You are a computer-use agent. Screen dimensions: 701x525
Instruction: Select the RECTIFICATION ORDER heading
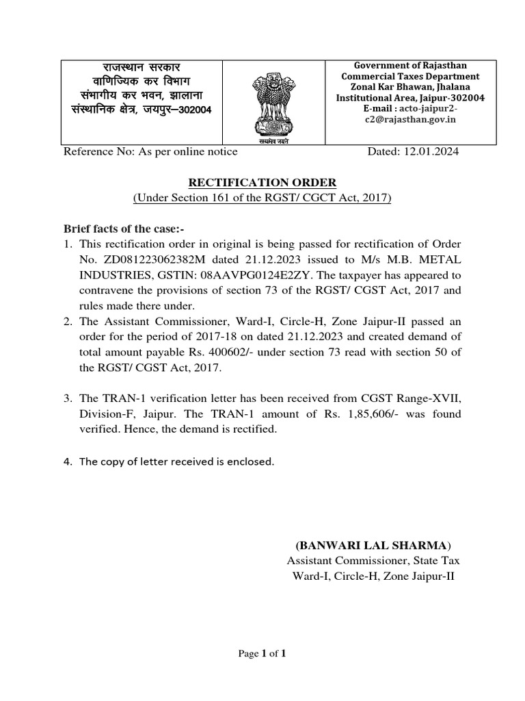(x=262, y=183)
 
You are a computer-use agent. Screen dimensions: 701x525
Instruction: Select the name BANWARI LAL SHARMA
(x=373, y=546)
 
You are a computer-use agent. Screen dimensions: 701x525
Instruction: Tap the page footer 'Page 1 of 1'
(x=262, y=654)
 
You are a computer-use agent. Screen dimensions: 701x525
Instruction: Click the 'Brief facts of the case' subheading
(x=119, y=228)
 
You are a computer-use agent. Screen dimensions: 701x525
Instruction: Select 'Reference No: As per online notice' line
(x=150, y=151)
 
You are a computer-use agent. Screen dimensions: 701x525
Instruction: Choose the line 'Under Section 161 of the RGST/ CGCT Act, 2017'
(x=262, y=199)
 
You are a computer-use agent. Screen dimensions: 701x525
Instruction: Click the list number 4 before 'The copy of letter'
(x=68, y=461)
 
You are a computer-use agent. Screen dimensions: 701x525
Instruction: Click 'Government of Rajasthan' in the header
(x=410, y=65)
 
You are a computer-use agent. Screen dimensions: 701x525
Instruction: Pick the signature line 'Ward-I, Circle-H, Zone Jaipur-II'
(x=373, y=576)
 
